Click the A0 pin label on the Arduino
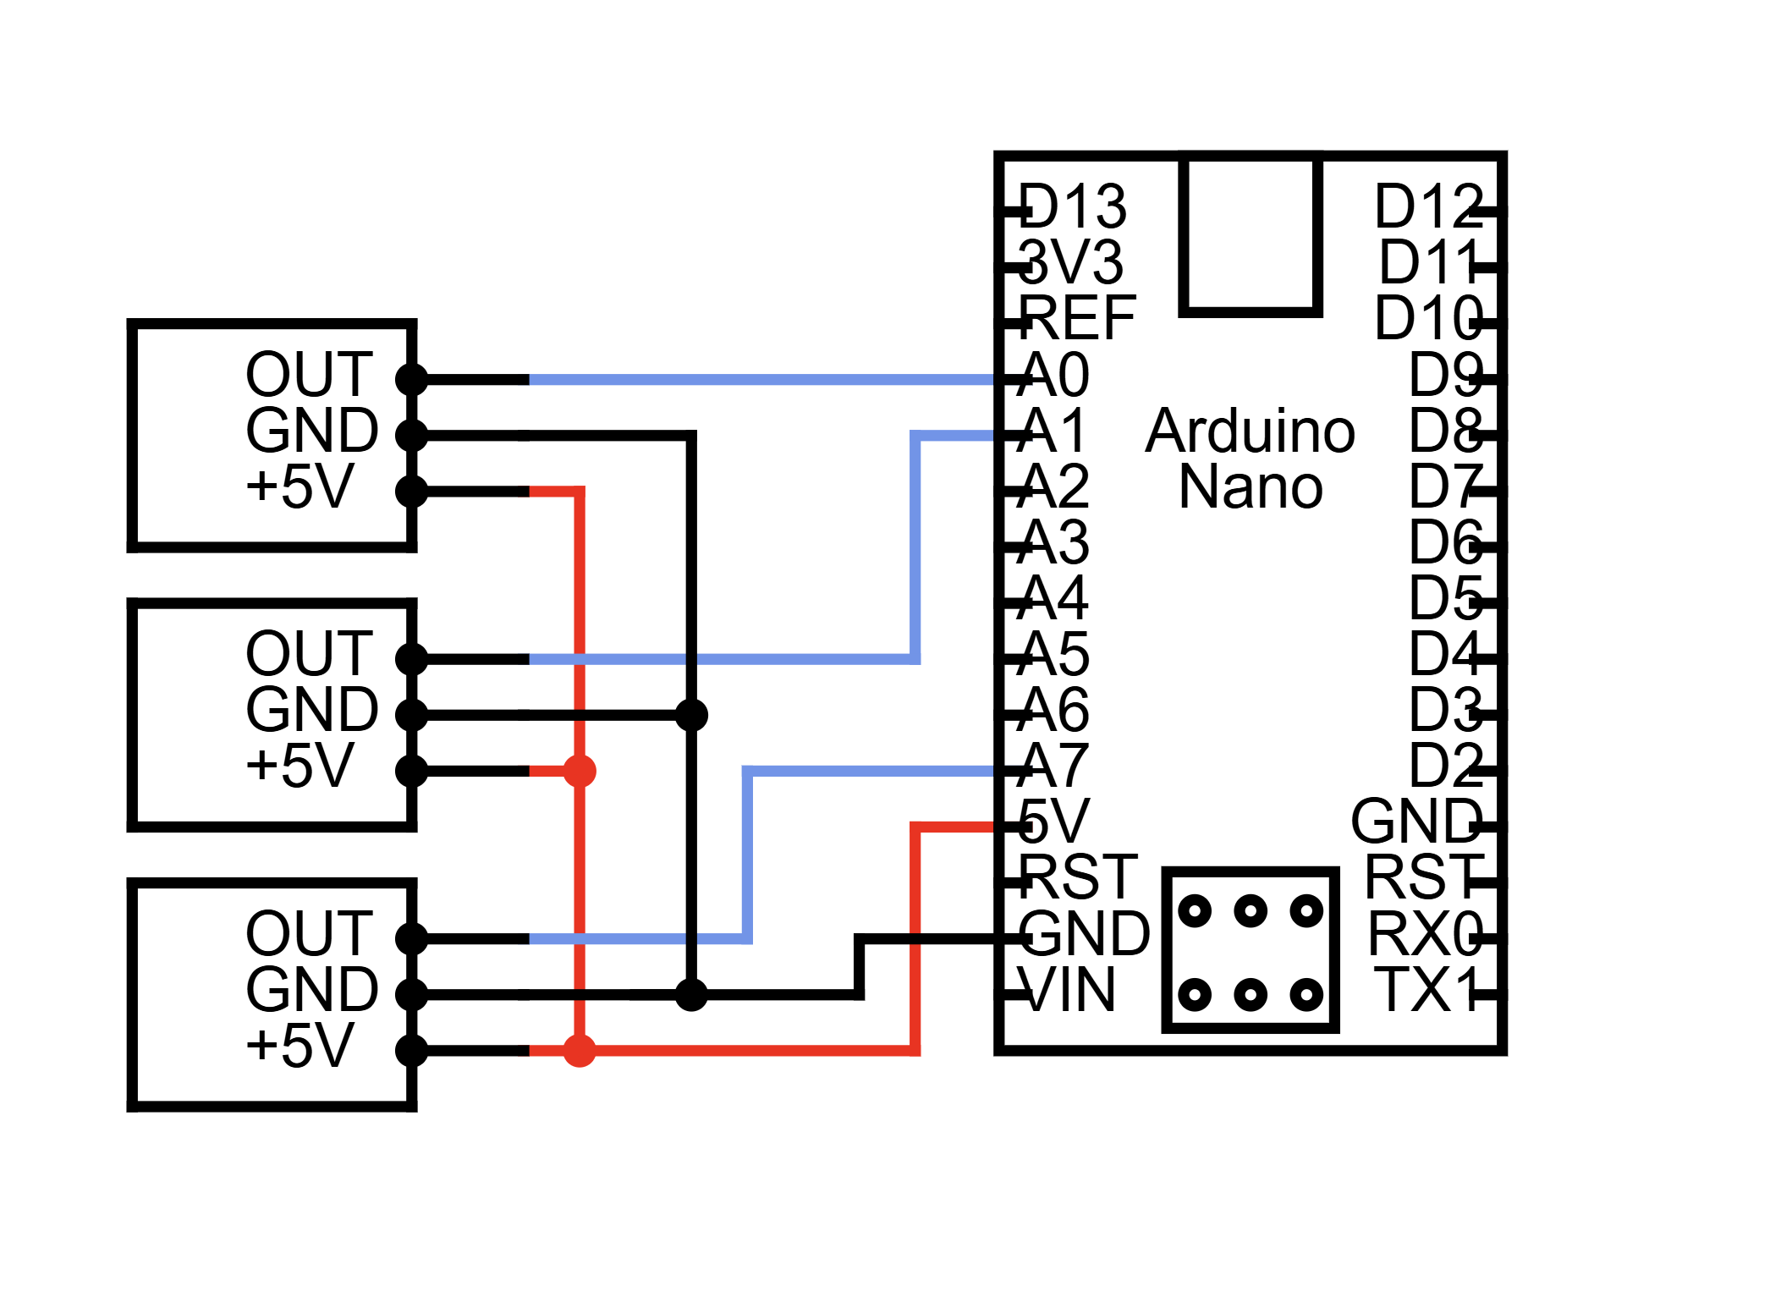coord(1054,375)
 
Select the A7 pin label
coord(1054,766)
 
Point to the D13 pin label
coord(1073,206)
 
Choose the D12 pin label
coord(1428,206)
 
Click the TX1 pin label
coord(1428,989)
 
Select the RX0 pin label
coord(1426,934)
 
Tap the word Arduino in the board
coord(1250,431)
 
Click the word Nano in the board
coord(1250,487)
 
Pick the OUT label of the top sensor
coord(309,375)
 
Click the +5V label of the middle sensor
coord(300,766)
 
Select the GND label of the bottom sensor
coord(311,989)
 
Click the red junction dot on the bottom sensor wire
coord(580,1051)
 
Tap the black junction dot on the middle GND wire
coord(691,716)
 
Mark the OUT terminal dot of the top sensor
coord(412,379)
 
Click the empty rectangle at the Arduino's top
coord(1250,233)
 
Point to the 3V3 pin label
coord(1071,262)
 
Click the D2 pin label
coord(1445,766)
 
